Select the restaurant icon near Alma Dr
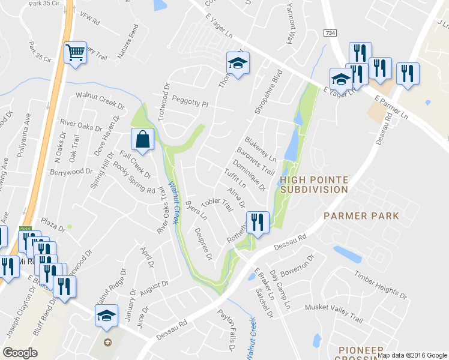click(x=258, y=223)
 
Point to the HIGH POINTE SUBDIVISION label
click(x=314, y=184)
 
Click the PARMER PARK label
click(x=361, y=215)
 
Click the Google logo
click(x=20, y=353)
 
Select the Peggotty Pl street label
click(x=189, y=101)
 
